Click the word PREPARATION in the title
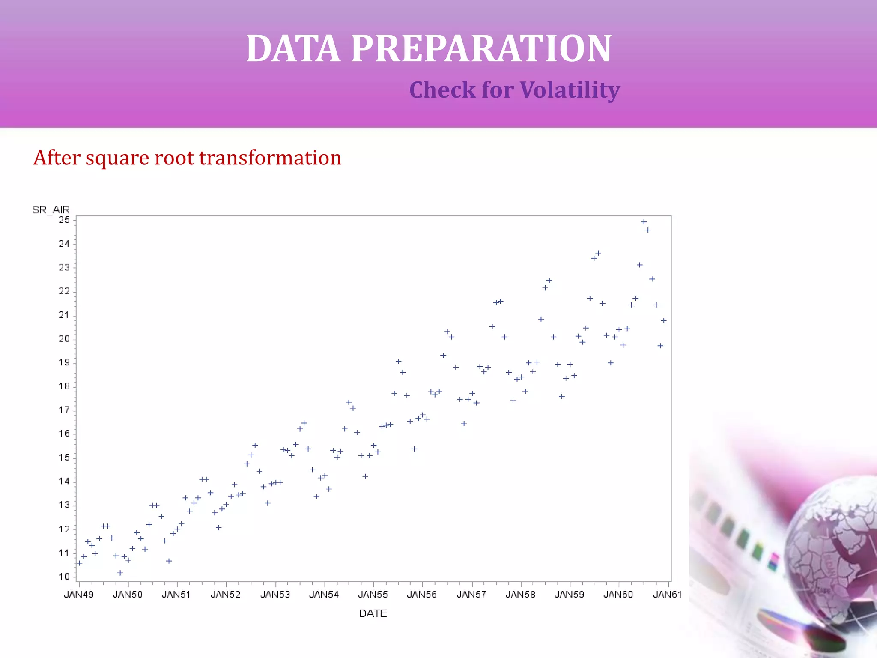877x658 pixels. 481,48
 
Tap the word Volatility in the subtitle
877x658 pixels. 570,90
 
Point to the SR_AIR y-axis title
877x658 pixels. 51,210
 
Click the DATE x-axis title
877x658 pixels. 373,613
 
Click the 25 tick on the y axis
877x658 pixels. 64,220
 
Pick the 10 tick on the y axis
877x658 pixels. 64,577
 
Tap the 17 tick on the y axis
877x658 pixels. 64,410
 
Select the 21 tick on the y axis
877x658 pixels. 64,315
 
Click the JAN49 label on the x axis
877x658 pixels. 79,595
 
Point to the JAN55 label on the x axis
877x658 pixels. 373,595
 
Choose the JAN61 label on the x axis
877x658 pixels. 667,595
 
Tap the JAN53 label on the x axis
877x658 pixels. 275,595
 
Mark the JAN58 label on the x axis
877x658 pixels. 520,595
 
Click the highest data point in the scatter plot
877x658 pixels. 644,222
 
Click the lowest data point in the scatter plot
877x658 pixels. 120,573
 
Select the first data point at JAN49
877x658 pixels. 79,563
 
